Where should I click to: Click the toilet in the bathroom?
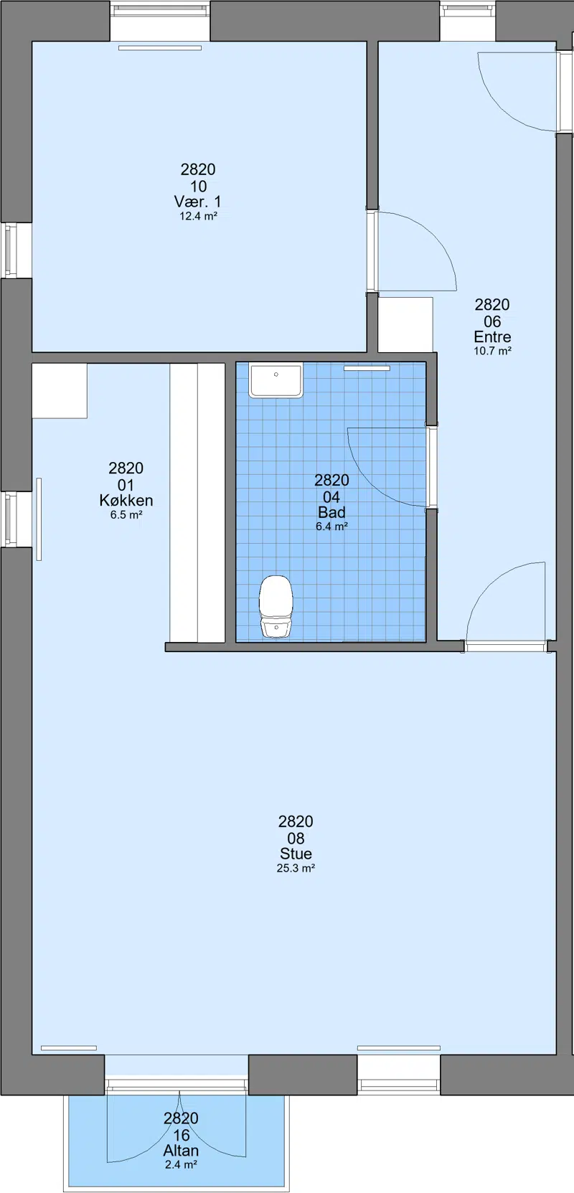pos(276,606)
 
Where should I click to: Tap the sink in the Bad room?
pos(276,380)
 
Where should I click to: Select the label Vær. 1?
pos(197,202)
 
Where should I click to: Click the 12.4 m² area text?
pos(198,216)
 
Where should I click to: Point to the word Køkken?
pos(126,501)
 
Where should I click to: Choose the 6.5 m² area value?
pos(126,515)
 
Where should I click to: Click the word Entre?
pos(492,337)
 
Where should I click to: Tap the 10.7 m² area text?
pos(492,351)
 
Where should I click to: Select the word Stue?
pos(296,854)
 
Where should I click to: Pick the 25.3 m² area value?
pos(296,868)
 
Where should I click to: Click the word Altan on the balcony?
pos(181,1151)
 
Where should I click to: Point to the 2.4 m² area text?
pos(181,1165)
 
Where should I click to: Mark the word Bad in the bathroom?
pos(331,512)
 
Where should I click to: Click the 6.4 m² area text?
pos(331,527)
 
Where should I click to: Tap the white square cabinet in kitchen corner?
pos(60,391)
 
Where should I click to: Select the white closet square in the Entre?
pos(405,324)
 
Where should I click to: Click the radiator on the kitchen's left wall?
pos(39,519)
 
